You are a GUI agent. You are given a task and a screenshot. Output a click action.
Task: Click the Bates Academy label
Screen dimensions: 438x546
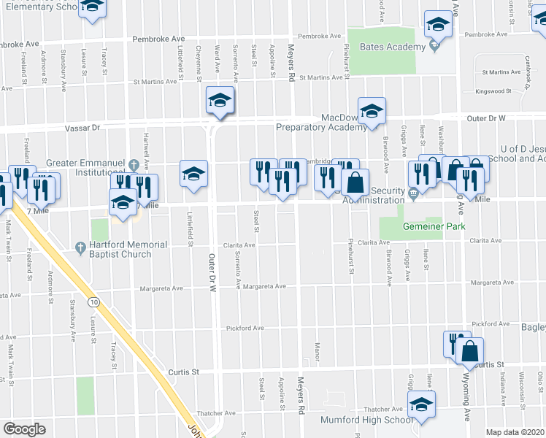tap(392, 47)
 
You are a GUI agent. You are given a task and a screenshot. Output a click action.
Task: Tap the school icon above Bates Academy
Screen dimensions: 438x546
tap(439, 25)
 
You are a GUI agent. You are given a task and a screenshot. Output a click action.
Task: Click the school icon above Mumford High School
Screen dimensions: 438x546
tap(421, 404)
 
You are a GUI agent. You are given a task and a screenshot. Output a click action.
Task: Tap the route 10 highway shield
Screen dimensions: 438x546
tap(93, 301)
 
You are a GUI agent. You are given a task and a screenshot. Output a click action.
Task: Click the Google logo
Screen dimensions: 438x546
tap(25, 429)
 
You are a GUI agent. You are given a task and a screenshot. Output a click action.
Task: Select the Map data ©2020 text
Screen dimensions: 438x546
tap(515, 432)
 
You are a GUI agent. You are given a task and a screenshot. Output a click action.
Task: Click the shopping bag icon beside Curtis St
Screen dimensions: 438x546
tap(470, 352)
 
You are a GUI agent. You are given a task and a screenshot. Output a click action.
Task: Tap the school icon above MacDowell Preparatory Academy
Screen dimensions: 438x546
tap(372, 110)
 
